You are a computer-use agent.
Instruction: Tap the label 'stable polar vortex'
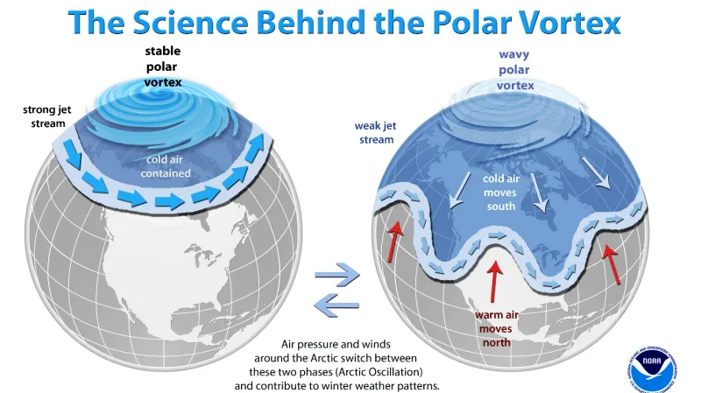point(163,67)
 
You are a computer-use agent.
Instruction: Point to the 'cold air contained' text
point(166,165)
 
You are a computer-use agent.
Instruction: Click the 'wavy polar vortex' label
point(513,70)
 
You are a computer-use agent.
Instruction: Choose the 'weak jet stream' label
point(374,132)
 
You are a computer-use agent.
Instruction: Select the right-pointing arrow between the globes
point(337,275)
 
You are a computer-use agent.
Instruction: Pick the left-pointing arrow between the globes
point(337,304)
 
